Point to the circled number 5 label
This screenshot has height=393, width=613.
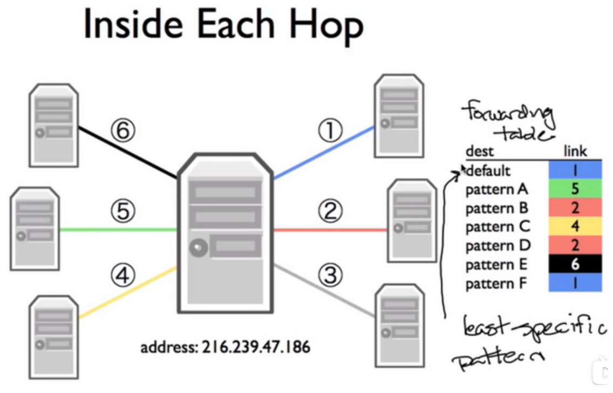123,211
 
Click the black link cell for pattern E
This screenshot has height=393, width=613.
575,264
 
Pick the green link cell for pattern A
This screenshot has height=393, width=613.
575,189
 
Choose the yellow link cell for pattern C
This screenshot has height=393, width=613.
575,226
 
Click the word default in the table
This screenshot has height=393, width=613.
488,171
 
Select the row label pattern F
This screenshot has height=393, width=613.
496,283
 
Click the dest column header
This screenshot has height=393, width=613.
479,151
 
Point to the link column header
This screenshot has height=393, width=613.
575,151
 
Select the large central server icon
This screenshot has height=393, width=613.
225,232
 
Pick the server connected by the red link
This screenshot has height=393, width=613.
412,220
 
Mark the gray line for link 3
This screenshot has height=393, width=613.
324,291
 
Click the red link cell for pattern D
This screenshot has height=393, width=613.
575,245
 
